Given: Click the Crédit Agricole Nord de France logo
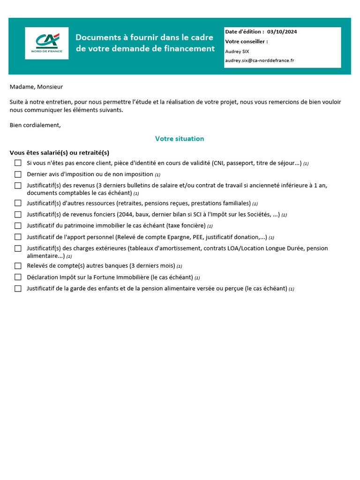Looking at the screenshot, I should coord(46,43).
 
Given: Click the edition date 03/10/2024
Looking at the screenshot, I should coord(282,32).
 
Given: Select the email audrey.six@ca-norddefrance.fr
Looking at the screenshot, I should coord(260,60).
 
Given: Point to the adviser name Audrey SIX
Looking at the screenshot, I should coord(237,51).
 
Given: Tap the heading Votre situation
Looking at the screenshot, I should coord(180,139).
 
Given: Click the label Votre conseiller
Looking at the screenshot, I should coord(247,41).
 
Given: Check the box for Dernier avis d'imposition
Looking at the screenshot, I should coord(18,174).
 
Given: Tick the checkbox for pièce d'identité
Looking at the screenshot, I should coord(18,163).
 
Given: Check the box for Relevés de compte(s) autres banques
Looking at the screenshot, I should coord(18,266).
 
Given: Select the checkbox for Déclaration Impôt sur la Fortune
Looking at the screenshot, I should coord(18,277).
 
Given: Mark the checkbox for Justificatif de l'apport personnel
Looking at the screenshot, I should coord(18,237).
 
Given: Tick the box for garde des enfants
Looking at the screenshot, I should coord(18,289).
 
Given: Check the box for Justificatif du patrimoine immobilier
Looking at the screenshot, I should coord(18,226).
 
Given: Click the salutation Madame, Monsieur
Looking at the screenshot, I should coord(36,87).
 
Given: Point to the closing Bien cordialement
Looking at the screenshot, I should coord(35,125).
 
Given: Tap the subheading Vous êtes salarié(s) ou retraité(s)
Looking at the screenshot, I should coord(59,153).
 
